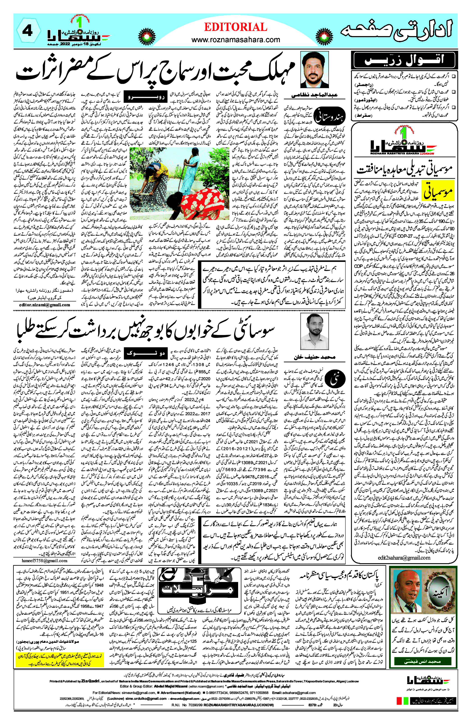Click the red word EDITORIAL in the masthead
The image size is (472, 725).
pos(236,27)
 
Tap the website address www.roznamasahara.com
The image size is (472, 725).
pos(236,40)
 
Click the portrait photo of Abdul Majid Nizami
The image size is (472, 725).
pos(314,70)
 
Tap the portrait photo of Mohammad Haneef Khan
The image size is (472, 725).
pos(314,331)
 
